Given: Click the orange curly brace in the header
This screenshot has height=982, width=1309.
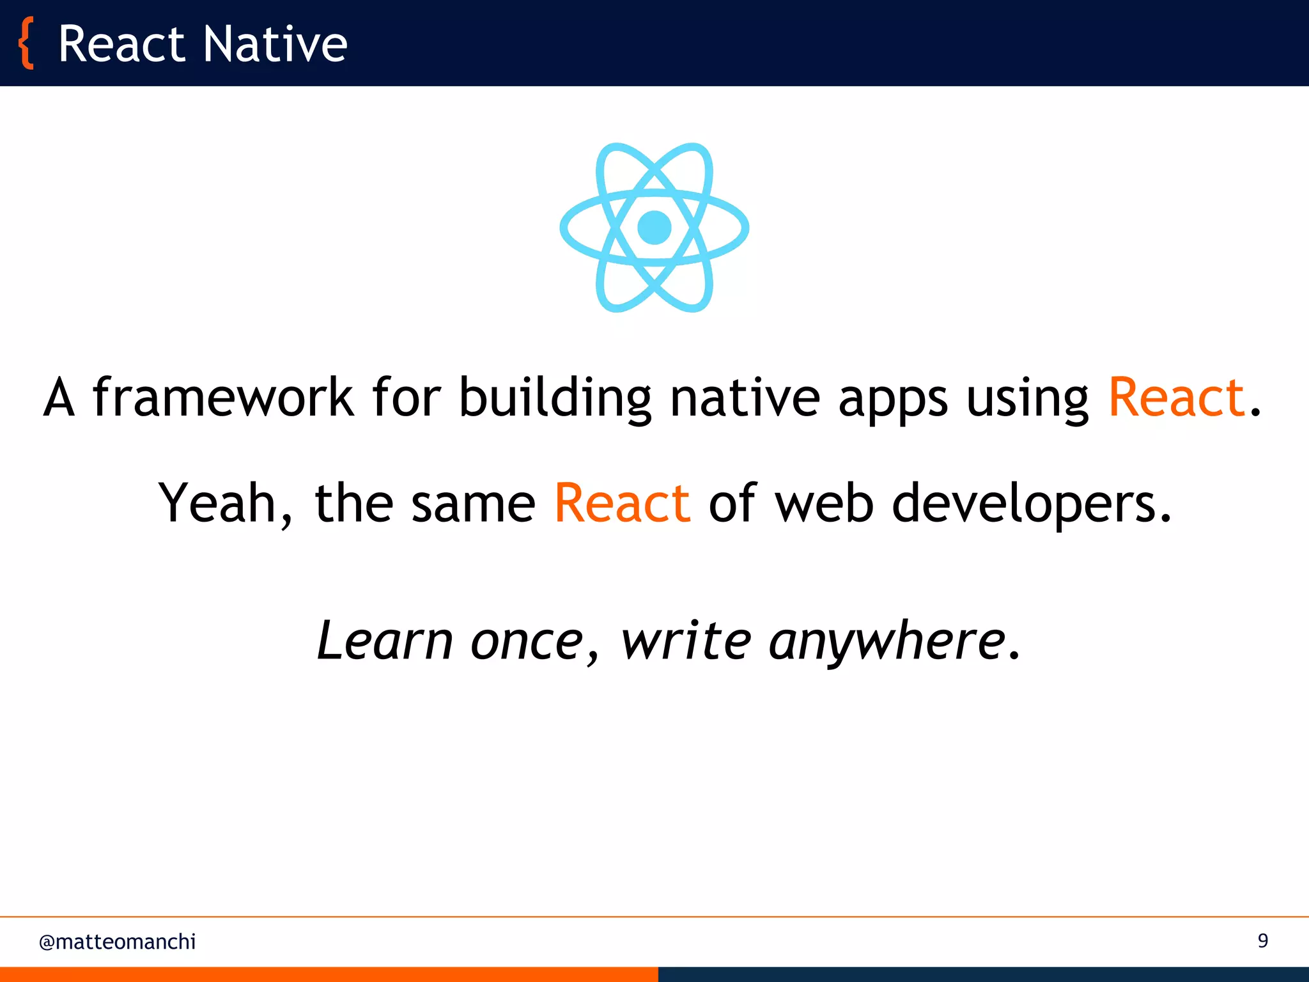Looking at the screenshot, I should tap(26, 43).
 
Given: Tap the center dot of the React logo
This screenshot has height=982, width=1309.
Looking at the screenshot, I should tap(654, 227).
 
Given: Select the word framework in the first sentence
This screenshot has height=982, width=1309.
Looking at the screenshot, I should tap(223, 398).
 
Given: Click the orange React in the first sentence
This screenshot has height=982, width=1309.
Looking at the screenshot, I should tap(1177, 398).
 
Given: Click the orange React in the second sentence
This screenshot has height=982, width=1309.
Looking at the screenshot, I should tap(623, 503).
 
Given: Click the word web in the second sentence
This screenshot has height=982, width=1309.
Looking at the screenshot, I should tap(825, 503).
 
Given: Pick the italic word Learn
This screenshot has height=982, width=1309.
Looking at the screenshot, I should tap(385, 640).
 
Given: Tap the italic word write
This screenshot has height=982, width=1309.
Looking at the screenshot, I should tap(686, 640).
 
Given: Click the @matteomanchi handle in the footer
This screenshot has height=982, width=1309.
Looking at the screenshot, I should tap(118, 942).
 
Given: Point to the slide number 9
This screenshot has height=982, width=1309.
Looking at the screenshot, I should tap(1263, 940).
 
